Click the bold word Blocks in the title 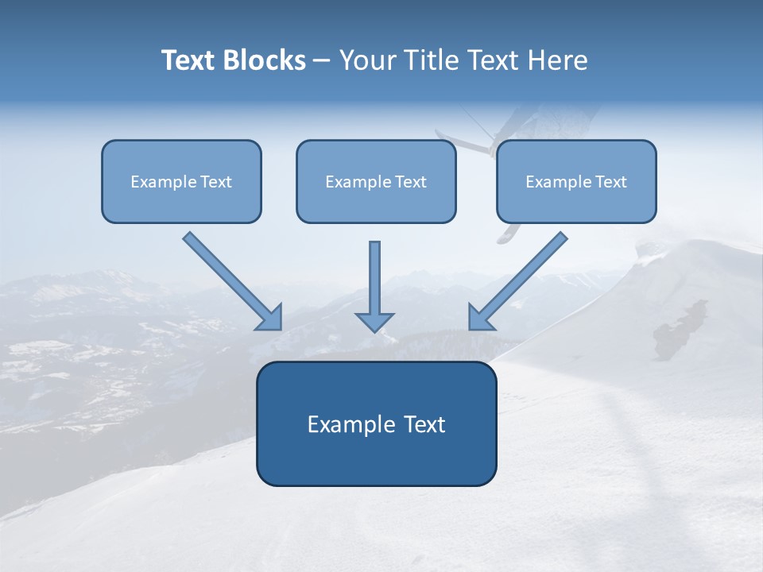pyautogui.click(x=263, y=60)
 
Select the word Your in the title pyautogui.click(x=370, y=60)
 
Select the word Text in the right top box pyautogui.click(x=610, y=182)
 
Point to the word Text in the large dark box pyautogui.click(x=424, y=424)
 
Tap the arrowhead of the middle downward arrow pyautogui.click(x=374, y=322)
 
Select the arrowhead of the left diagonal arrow pyautogui.click(x=271, y=318)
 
